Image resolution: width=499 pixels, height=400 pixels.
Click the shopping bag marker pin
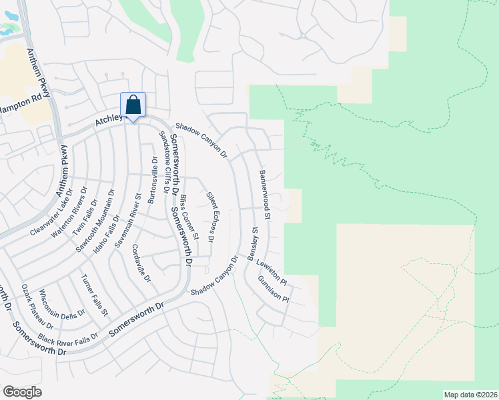133,106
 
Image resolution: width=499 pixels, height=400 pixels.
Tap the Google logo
22,391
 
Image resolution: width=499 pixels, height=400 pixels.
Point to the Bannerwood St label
264,195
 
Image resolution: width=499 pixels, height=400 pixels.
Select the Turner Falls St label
94,295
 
